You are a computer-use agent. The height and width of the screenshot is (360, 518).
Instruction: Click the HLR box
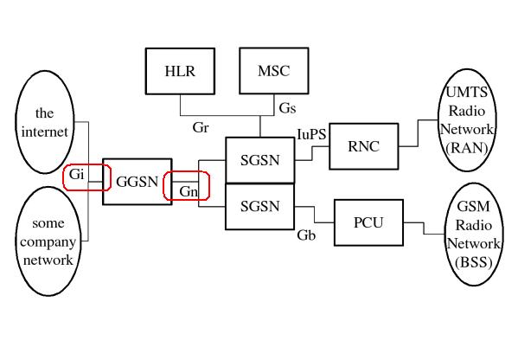tap(180, 72)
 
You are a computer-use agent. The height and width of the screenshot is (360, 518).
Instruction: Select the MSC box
tap(268, 72)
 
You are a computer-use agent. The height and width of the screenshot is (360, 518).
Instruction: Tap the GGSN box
tap(135, 181)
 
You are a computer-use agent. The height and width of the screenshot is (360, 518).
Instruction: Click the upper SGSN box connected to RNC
tap(259, 158)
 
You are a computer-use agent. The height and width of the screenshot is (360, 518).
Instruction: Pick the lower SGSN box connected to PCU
tap(259, 206)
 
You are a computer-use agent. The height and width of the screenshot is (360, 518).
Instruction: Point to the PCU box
tap(368, 222)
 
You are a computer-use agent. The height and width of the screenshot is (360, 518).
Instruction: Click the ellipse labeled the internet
tap(44, 123)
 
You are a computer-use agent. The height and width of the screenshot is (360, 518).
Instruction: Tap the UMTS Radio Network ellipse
tap(468, 120)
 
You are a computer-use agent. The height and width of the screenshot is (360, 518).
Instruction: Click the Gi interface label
tap(77, 175)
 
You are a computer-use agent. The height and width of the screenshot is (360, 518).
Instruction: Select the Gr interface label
tap(201, 127)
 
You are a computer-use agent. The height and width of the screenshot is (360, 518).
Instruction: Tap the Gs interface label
tap(288, 108)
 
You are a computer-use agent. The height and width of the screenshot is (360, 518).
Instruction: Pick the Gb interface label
tap(306, 235)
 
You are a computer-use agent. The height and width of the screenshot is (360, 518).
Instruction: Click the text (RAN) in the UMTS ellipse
tap(468, 148)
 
